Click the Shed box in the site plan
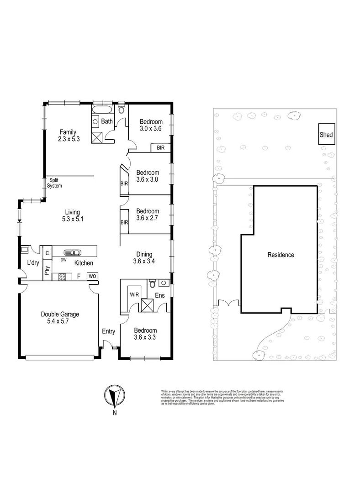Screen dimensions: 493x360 coord(326,135)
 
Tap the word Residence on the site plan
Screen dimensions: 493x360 coord(281,255)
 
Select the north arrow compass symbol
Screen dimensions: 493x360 coord(115,395)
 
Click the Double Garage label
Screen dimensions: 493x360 coord(60,314)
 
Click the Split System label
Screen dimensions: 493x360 coord(54,183)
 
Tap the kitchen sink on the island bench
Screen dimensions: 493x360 coord(73,252)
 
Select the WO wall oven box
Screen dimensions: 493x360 coord(92,276)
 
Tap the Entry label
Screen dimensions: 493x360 coord(108,331)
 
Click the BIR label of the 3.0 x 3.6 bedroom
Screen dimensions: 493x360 coord(160,148)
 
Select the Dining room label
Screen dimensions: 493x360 coord(144,254)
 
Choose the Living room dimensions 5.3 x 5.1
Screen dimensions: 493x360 coord(72,219)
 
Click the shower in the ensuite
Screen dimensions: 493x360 coord(148,305)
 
